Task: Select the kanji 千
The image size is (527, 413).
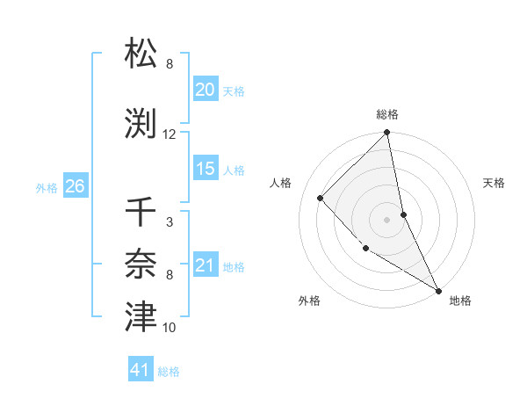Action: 141,212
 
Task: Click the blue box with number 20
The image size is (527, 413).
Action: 206,90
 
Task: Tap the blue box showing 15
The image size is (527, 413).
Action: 206,169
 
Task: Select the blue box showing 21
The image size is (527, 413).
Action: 206,265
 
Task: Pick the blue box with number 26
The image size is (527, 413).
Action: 75,186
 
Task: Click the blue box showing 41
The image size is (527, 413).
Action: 141,371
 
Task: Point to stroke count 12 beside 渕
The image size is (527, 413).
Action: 170,134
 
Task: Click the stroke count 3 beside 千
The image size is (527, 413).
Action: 169,222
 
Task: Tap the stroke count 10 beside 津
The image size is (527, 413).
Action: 170,328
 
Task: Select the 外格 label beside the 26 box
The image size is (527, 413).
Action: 47,187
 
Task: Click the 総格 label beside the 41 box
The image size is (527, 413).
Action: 169,372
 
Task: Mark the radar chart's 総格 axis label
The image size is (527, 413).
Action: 387,114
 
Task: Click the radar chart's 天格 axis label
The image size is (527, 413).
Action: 495,183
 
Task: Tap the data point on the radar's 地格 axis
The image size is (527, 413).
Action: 438,290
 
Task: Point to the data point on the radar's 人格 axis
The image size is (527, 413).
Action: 321,198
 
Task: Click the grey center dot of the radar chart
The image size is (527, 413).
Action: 387,219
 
